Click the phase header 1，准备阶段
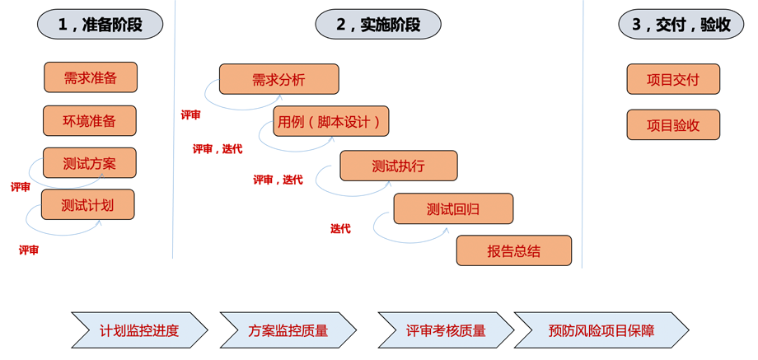pos(100,26)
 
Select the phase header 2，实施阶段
pos(378,26)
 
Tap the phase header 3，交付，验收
pos(681,26)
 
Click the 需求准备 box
pos(91,78)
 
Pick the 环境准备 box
pos(90,121)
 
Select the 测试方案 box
pos(90,163)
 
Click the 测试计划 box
pos(87,205)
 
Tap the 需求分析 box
pos(278,80)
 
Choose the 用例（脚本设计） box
pos(330,122)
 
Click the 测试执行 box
pos(398,166)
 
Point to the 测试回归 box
pos(453,209)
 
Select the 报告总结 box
pos(513,251)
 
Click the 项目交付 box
pos(673,80)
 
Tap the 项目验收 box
pos(673,125)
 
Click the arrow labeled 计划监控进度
pos(139,330)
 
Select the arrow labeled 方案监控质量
pos(288,330)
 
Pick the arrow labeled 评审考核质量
pos(446,330)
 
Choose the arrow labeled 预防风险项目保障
pos(601,330)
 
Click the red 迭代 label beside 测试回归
pos(340,229)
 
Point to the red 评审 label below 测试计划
pos(29,250)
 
